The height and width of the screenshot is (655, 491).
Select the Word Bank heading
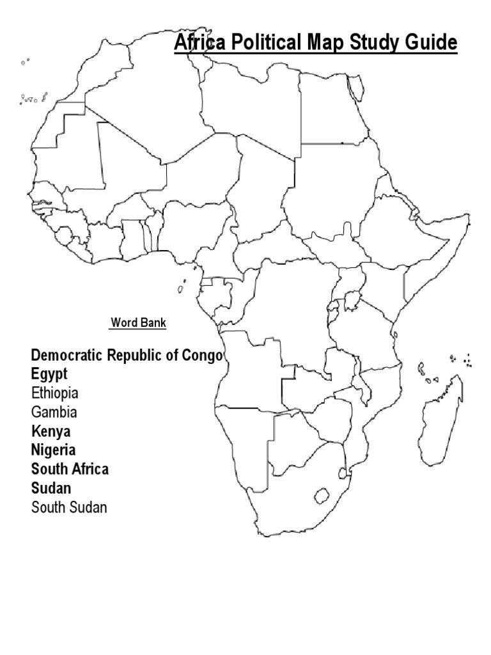coord(138,322)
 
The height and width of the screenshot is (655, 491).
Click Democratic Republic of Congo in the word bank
coord(127,355)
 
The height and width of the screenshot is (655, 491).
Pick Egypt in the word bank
coord(49,374)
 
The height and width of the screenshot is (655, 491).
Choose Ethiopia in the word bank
coord(55,393)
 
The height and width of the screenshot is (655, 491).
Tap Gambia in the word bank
coord(54,412)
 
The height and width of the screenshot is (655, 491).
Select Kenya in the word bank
coord(51,431)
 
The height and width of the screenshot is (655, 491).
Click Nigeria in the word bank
coord(53,450)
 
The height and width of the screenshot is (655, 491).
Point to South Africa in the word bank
coord(70,469)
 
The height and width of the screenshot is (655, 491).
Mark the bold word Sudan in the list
coord(51,488)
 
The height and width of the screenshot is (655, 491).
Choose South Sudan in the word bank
coord(69,507)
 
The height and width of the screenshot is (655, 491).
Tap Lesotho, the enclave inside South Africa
coord(322,496)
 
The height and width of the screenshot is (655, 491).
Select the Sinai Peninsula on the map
coord(354,90)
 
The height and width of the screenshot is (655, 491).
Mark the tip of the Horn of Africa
coord(469,217)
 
